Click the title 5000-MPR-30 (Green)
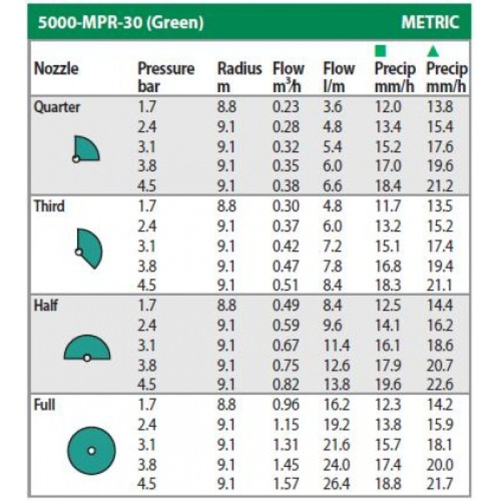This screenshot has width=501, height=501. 120,24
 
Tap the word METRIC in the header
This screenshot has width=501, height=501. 430,23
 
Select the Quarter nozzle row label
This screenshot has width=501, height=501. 57,107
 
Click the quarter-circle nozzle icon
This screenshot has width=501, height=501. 86,149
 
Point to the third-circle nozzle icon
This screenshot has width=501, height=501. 88,248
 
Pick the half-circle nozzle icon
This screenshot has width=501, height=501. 87,348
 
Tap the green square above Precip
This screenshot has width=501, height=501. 380,51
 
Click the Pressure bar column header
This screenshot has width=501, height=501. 166,77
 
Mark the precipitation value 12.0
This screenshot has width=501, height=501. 388,107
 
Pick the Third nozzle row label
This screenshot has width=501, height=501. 49,206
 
